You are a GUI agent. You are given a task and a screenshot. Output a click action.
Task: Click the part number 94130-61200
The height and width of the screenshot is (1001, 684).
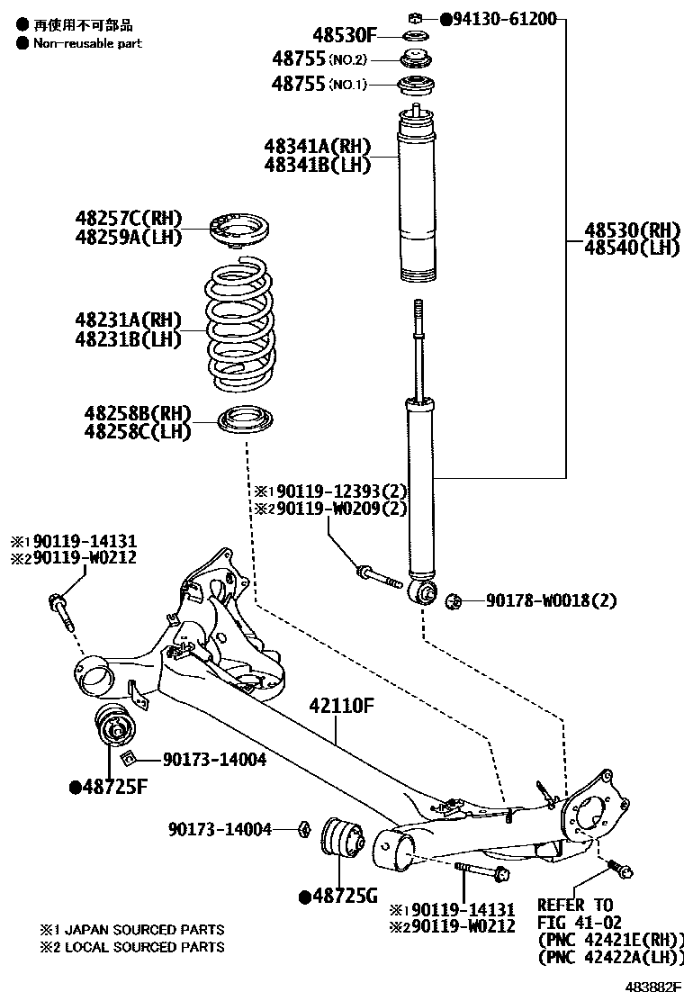[x=505, y=18]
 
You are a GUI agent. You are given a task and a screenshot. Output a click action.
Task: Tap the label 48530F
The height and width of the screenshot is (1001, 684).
[x=345, y=36]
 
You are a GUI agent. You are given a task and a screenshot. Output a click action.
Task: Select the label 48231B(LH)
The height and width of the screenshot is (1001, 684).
[x=128, y=339]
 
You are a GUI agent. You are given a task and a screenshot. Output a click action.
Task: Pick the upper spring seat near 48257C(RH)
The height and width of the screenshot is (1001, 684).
[x=240, y=228]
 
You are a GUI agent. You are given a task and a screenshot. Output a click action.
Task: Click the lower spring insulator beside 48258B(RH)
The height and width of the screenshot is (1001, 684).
[x=246, y=421]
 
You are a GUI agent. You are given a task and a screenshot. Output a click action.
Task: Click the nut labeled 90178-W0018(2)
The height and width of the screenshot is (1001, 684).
[x=454, y=600]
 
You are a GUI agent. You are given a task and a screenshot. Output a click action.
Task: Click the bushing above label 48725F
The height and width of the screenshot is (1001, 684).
[x=115, y=726]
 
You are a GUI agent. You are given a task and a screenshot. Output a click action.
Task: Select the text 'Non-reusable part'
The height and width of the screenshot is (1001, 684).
[x=88, y=42]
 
